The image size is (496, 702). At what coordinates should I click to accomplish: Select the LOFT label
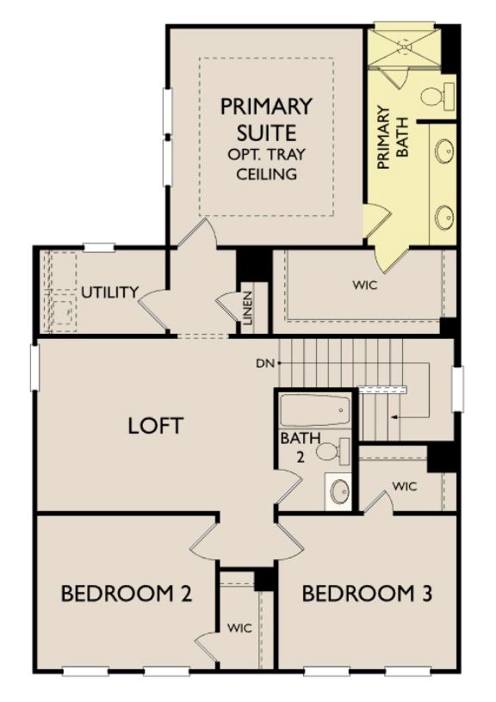pyautogui.click(x=155, y=425)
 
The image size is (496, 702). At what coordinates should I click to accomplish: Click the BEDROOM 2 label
pyautogui.click(x=125, y=594)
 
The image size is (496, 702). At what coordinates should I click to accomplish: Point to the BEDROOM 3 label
pyautogui.click(x=367, y=594)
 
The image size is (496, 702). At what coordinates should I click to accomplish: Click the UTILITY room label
pyautogui.click(x=109, y=292)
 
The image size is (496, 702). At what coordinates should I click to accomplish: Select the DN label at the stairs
pyautogui.click(x=265, y=363)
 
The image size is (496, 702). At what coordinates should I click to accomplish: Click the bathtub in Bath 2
pyautogui.click(x=315, y=412)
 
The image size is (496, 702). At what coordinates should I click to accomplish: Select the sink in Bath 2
pyautogui.click(x=339, y=491)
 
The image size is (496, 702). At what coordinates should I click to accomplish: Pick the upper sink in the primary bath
pyautogui.click(x=443, y=152)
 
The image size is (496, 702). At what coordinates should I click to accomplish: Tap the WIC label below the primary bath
pyautogui.click(x=365, y=285)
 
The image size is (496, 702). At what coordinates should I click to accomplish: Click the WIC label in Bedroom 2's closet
pyautogui.click(x=239, y=628)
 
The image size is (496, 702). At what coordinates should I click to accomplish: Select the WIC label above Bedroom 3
pyautogui.click(x=405, y=486)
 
